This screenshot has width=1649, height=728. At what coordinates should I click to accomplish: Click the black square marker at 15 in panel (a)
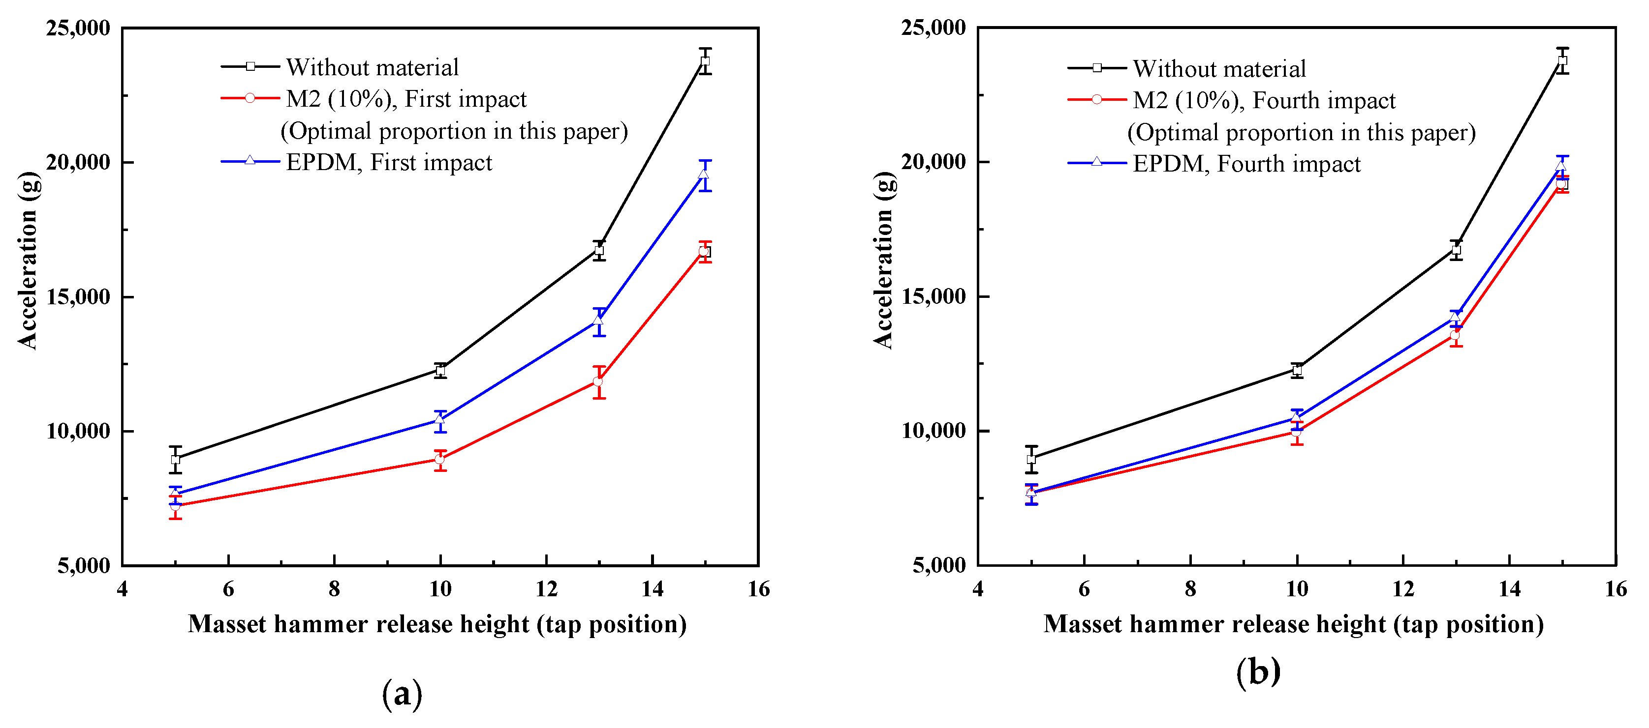pyautogui.click(x=705, y=61)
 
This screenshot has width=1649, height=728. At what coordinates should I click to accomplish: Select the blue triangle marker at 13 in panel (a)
pyautogui.click(x=598, y=320)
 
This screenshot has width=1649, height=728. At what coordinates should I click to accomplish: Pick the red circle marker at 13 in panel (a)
pyautogui.click(x=598, y=382)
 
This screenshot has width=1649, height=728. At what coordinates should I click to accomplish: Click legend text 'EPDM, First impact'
pyautogui.click(x=389, y=163)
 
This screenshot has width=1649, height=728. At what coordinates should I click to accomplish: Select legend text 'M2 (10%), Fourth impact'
pyautogui.click(x=1264, y=100)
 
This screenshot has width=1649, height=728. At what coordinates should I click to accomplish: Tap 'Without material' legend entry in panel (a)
pyautogui.click(x=372, y=67)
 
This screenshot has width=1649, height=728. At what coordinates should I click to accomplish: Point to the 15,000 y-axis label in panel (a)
pyautogui.click(x=77, y=297)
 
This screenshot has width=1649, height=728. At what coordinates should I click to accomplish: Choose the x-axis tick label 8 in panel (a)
pyautogui.click(x=334, y=588)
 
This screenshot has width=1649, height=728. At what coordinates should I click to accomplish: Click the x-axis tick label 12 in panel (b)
pyautogui.click(x=1403, y=588)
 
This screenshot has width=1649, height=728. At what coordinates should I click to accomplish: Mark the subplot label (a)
pyautogui.click(x=402, y=694)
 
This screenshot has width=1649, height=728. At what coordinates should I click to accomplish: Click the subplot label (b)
pyautogui.click(x=1258, y=671)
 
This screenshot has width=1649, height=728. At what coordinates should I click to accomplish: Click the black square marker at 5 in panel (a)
pyautogui.click(x=175, y=459)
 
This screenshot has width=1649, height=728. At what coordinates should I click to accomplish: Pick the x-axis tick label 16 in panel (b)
pyautogui.click(x=1616, y=588)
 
